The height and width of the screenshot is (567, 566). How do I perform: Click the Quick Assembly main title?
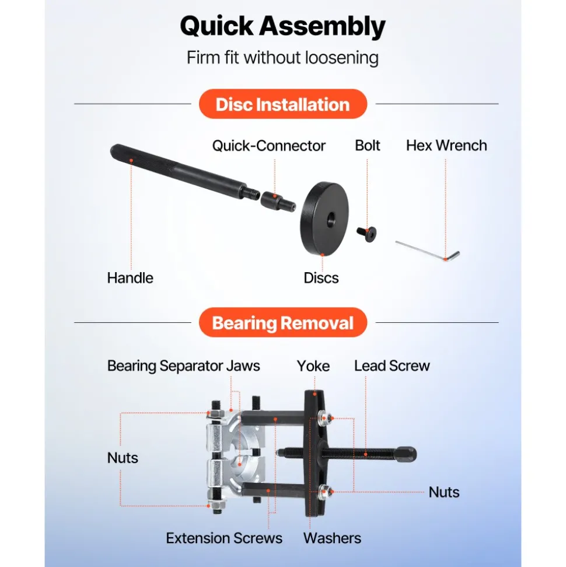(282, 26)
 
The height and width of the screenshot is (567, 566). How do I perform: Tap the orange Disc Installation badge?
(282, 104)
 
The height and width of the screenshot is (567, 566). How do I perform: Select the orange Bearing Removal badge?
(282, 322)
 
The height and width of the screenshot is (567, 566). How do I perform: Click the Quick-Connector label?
(269, 146)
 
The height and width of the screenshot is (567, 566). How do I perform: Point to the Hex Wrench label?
(446, 145)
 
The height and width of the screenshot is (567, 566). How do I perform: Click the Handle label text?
(130, 278)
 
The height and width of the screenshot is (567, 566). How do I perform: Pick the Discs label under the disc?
(321, 278)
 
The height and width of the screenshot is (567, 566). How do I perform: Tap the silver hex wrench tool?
(428, 251)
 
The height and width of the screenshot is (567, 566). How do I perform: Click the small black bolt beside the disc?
(366, 234)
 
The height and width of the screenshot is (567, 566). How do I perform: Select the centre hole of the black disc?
(331, 220)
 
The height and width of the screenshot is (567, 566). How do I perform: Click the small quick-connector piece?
(278, 202)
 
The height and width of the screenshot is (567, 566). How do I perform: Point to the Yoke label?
(313, 366)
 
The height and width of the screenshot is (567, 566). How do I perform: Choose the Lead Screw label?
(392, 366)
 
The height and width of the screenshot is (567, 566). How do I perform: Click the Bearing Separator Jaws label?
(184, 366)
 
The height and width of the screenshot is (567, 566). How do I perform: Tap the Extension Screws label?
(224, 538)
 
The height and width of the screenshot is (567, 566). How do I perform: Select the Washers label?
(332, 538)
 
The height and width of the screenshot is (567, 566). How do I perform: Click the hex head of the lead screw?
(406, 454)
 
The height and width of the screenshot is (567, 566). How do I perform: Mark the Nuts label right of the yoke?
(444, 492)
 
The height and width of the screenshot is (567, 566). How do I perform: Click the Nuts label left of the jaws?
(123, 458)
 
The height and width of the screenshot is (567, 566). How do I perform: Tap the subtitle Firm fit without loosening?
(282, 58)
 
